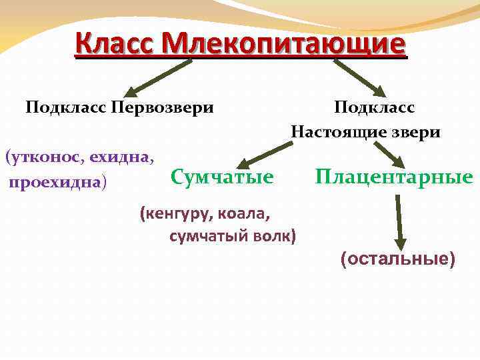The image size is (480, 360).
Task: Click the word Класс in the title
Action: coord(114,44)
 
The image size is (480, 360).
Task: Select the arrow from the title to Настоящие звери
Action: coord(359,76)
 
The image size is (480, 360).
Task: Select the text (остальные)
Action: coord(397,259)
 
